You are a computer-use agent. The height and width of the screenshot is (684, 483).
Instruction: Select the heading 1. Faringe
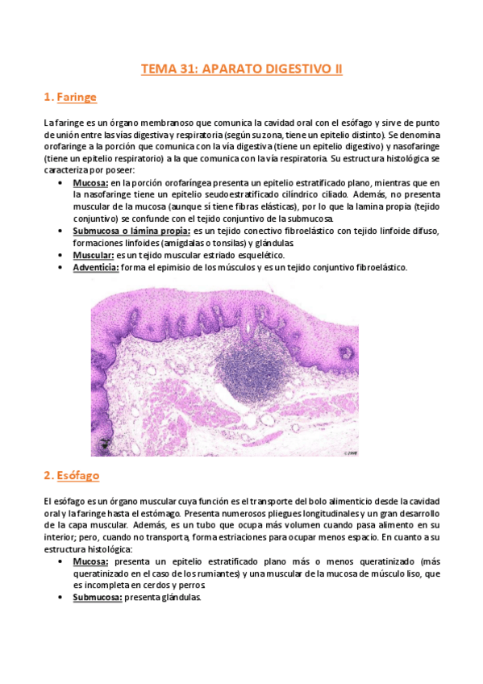(x=70, y=98)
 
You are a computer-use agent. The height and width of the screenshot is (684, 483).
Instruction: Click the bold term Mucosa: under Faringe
(x=91, y=182)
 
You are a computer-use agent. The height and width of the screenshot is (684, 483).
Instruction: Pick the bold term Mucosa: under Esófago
(x=91, y=561)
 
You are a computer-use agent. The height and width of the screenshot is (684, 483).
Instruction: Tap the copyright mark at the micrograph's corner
(x=350, y=453)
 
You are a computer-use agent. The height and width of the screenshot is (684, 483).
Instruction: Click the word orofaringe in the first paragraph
(x=69, y=146)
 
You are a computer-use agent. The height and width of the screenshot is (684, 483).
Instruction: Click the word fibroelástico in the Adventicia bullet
(x=379, y=267)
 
